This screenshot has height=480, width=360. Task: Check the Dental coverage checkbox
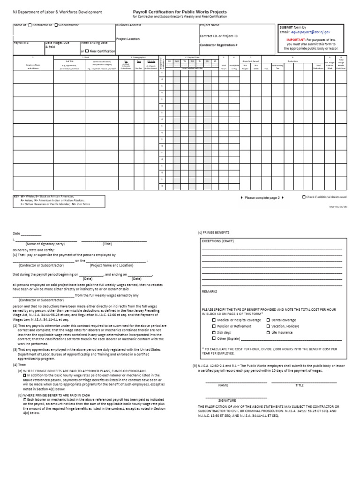click(x=269, y=320)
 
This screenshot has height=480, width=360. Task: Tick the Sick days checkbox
click(x=214, y=332)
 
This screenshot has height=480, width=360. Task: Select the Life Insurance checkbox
click(x=269, y=332)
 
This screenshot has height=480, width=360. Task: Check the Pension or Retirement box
click(x=214, y=326)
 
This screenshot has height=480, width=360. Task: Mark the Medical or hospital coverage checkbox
click(x=214, y=320)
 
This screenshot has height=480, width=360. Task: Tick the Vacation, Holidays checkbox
click(x=269, y=326)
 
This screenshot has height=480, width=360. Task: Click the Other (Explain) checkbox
click(x=214, y=338)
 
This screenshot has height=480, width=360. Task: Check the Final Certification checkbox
click(x=87, y=51)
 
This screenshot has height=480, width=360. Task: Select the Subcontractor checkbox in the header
click(x=56, y=25)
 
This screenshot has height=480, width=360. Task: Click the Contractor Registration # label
click(x=218, y=45)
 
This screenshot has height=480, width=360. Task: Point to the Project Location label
click(x=127, y=39)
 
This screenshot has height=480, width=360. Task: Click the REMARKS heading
click(x=209, y=291)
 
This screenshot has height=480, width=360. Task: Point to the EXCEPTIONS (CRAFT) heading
click(x=217, y=241)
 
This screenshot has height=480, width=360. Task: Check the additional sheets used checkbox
click(x=304, y=197)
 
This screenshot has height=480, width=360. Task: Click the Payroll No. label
click(x=21, y=43)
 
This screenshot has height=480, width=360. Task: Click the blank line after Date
click(x=31, y=234)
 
